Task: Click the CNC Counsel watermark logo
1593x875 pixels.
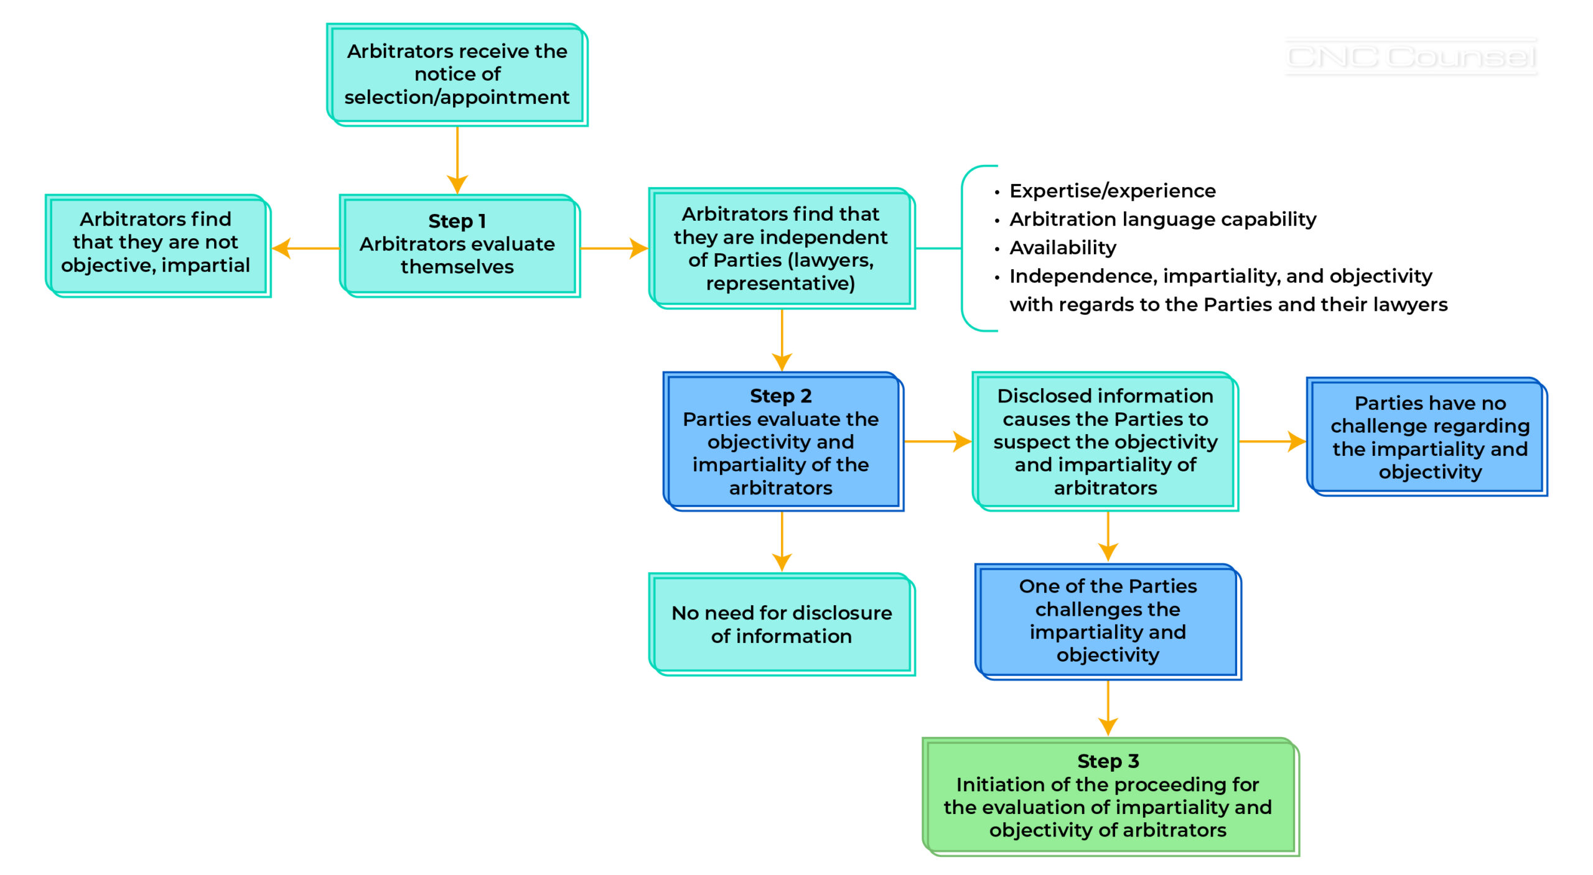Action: tap(1411, 57)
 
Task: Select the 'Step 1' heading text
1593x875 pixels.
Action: tap(457, 221)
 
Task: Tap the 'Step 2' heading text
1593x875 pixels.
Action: tap(780, 396)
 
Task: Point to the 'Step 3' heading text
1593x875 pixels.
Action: tap(1108, 761)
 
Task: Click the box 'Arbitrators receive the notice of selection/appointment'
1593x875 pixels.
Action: tap(457, 75)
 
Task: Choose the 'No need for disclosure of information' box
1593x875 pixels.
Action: tap(781, 624)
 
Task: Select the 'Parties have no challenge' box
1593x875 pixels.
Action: tap(1429, 437)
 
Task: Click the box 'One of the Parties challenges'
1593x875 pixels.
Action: tap(1108, 621)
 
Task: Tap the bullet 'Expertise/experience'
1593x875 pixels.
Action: tap(1112, 191)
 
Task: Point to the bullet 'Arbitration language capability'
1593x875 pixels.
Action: tap(1162, 220)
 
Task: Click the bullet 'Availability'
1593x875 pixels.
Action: tap(1062, 248)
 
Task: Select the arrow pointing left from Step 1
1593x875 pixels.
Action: tap(305, 248)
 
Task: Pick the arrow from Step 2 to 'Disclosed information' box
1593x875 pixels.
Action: tap(937, 442)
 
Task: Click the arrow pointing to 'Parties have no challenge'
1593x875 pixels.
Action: tap(1272, 442)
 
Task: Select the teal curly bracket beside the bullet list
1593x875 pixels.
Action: tap(963, 248)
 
